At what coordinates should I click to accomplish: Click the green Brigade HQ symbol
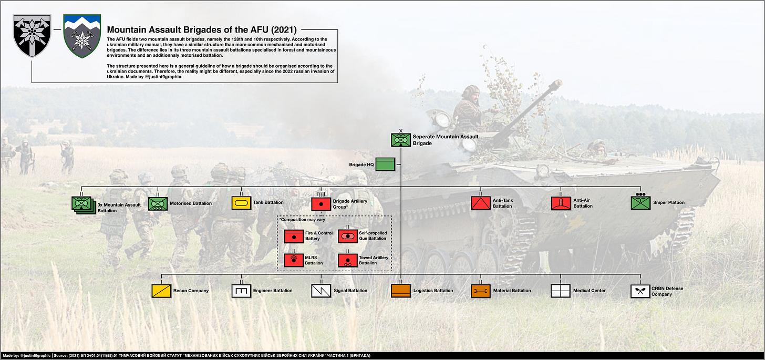385,164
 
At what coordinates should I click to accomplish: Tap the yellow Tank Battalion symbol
241,203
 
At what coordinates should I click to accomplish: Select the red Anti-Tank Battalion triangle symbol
480,203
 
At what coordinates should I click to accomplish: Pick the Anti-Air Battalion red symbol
561,203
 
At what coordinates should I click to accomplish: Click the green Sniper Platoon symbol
640,203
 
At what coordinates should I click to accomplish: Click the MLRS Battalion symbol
293,260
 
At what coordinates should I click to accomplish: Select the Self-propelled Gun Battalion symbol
347,236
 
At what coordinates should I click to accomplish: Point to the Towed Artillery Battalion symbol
347,260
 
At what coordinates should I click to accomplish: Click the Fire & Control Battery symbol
293,236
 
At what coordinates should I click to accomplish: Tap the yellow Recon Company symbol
161,291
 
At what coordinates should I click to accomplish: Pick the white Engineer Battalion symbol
241,291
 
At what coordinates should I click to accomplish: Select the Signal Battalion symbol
321,291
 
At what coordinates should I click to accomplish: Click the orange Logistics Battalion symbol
401,291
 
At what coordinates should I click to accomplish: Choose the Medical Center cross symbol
561,291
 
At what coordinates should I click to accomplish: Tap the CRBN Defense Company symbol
640,291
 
